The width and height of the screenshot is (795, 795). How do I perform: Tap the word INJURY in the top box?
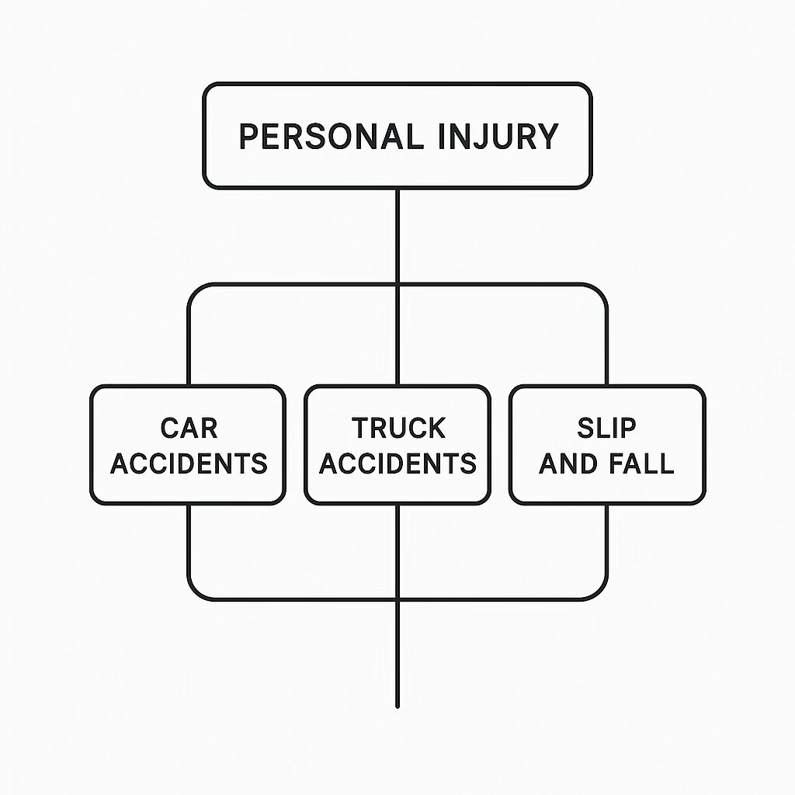coord(498,137)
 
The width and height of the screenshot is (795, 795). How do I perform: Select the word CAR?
coord(189,428)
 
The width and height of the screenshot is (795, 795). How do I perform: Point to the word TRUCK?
coord(398,428)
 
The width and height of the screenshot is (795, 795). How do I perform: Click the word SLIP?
coord(606,428)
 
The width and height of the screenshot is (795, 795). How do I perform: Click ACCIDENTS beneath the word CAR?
coord(189,463)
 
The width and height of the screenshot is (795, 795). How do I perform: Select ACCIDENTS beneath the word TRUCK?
coord(398,463)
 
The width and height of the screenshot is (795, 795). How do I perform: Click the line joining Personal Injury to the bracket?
coord(397,237)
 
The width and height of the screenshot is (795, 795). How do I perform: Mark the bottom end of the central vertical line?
coord(397,705)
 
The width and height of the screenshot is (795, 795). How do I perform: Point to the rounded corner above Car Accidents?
coord(196,291)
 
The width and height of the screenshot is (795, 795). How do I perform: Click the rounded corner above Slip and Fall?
coord(599,291)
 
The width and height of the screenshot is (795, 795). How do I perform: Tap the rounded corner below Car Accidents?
coord(196,592)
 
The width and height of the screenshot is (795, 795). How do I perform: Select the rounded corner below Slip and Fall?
coord(599,592)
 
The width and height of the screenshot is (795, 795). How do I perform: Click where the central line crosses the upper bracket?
coord(397,285)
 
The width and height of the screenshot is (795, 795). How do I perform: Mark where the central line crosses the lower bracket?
coord(397,599)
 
